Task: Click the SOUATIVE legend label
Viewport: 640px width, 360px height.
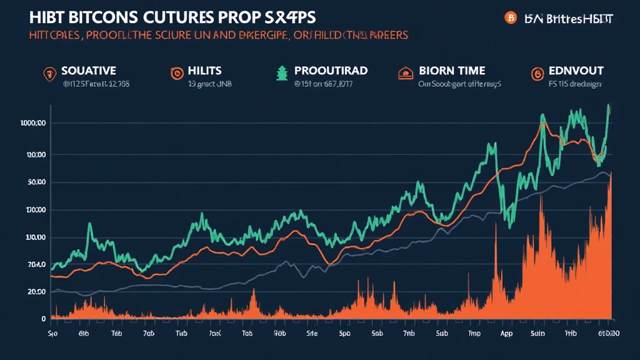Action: point(89,71)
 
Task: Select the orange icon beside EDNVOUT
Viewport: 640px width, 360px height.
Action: point(537,74)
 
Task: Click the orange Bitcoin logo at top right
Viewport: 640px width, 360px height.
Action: point(510,18)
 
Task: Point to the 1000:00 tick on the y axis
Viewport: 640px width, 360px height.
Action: point(33,124)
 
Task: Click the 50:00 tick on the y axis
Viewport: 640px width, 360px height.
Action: point(37,182)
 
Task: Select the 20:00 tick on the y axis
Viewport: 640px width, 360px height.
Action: point(37,292)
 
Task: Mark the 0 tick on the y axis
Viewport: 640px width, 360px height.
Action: point(44,319)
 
